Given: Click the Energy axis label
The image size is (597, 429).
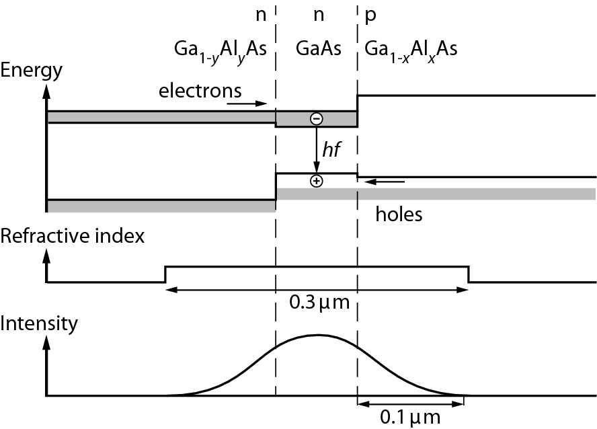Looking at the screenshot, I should [x=32, y=70].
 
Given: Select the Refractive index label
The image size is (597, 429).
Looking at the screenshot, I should [x=73, y=236].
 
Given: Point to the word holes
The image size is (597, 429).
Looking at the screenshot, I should [x=399, y=214].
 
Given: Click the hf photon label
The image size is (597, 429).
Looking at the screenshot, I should [x=331, y=152].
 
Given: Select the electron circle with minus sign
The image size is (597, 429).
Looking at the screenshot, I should [x=316, y=119].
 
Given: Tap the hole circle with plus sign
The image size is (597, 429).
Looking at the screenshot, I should [x=316, y=181].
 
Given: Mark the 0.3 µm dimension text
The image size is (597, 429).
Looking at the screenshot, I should [x=319, y=303].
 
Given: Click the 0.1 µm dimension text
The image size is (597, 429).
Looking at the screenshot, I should [x=411, y=418].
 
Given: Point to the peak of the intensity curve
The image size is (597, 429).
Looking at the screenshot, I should [x=318, y=334].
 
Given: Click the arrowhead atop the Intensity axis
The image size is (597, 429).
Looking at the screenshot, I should [x=46, y=341].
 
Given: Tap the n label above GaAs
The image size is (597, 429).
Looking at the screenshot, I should [x=317, y=14].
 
